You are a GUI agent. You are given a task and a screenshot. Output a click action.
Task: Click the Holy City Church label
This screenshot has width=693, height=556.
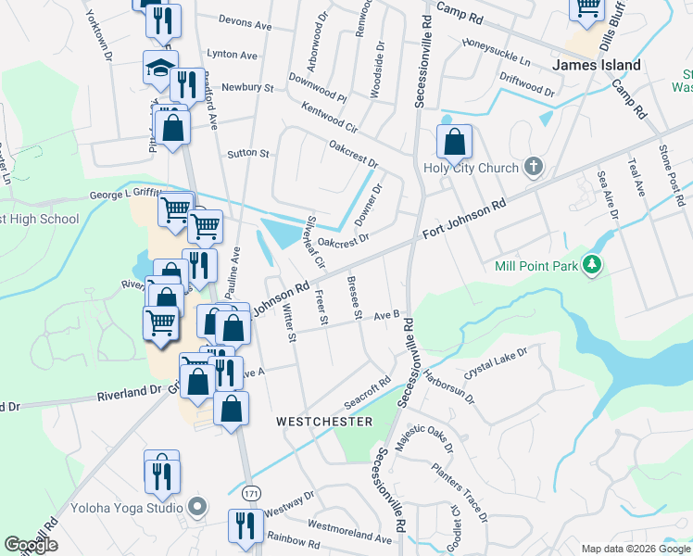(x=467, y=168)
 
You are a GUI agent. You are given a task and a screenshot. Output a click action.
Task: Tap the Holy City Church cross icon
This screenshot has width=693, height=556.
(x=532, y=167)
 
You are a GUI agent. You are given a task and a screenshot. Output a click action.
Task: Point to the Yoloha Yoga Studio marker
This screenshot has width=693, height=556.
(x=194, y=507)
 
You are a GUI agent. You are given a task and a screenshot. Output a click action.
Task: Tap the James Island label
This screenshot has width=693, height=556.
(x=596, y=65)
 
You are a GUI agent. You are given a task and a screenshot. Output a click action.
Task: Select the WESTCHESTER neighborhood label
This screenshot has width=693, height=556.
(x=324, y=422)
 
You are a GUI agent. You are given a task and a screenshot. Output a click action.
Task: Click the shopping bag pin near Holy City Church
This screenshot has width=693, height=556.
(x=454, y=143)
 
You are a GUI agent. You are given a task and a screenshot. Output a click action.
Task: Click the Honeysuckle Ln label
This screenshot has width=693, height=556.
(x=497, y=53)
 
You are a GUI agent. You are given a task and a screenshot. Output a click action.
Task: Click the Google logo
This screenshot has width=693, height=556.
(x=31, y=545)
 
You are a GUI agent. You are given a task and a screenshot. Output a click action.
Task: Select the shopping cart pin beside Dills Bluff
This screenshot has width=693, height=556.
(x=587, y=7)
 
